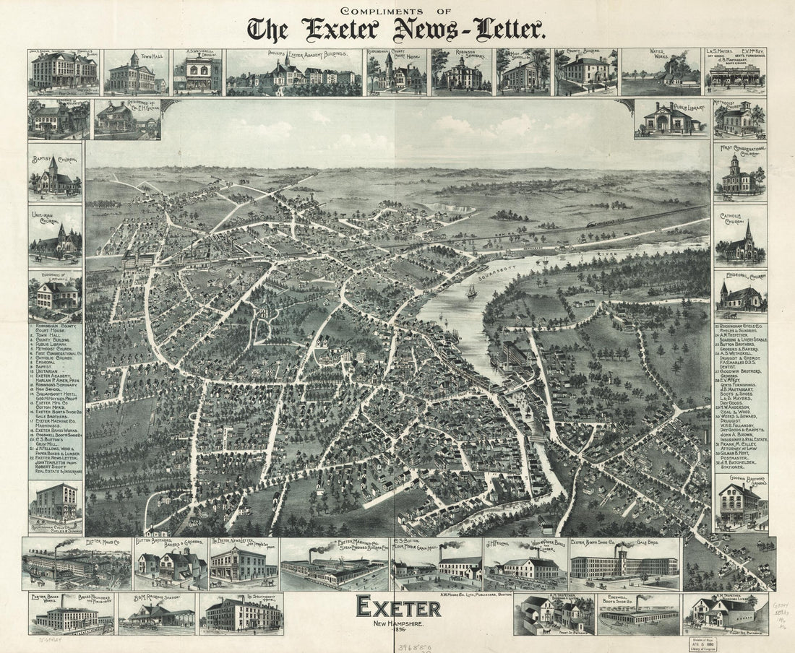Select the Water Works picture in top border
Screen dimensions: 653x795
[x=660, y=73]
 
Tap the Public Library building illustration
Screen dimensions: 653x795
[x=670, y=118]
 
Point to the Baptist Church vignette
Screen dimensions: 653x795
[x=56, y=173]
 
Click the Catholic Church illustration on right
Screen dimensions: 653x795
[x=741, y=239]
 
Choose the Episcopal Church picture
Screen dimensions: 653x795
[x=741, y=293]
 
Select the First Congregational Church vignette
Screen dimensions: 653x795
[x=741, y=173]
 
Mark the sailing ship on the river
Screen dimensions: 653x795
[x=471, y=291]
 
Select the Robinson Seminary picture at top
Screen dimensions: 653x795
[x=461, y=73]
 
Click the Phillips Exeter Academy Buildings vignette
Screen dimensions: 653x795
[x=293, y=73]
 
